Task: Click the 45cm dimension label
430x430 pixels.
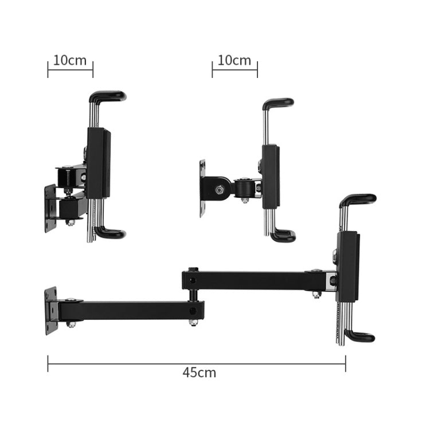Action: click(x=199, y=373)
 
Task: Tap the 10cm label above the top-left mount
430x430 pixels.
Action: click(x=69, y=60)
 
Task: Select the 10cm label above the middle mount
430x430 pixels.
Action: click(x=234, y=60)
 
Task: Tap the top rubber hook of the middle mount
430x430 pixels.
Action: click(x=279, y=104)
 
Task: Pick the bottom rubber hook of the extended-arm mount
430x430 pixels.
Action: click(x=359, y=337)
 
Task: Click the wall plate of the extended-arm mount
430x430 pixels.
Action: click(x=52, y=311)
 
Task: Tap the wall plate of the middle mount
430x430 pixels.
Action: click(x=203, y=187)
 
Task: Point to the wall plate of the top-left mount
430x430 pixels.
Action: click(x=50, y=208)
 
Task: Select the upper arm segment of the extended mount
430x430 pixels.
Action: click(x=258, y=280)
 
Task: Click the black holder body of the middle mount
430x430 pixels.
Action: click(x=271, y=177)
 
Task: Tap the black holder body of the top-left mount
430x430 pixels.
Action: click(x=98, y=163)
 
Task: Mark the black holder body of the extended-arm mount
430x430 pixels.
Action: click(x=347, y=266)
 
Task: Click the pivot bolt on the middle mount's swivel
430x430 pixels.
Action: click(x=220, y=189)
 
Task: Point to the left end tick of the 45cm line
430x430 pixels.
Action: click(x=48, y=363)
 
